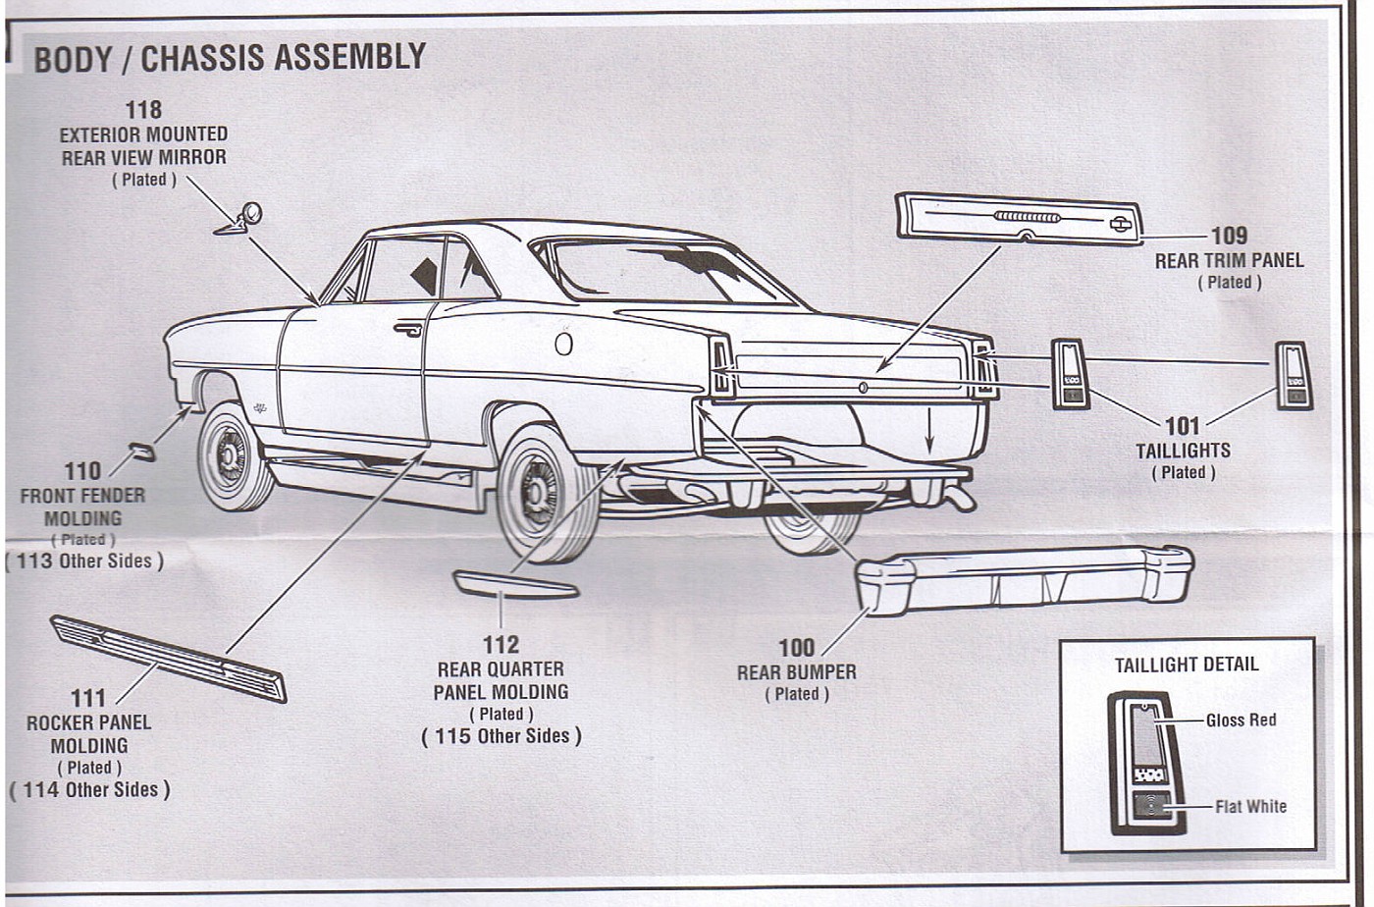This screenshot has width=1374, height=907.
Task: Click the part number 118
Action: pyautogui.click(x=143, y=110)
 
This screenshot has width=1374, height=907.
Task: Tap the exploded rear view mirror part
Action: pyautogui.click(x=240, y=220)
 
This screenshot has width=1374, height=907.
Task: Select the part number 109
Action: pyautogui.click(x=1229, y=236)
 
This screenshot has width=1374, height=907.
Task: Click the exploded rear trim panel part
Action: pyautogui.click(x=1019, y=218)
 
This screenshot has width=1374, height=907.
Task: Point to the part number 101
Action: pyautogui.click(x=1183, y=426)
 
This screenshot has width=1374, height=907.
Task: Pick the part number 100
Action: pyautogui.click(x=796, y=648)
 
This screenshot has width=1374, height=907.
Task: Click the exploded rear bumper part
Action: pyautogui.click(x=1024, y=578)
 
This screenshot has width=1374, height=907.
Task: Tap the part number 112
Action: pyautogui.click(x=501, y=645)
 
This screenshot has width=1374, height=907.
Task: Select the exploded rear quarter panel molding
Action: pyautogui.click(x=515, y=585)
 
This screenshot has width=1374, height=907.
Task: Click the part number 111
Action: pyautogui.click(x=87, y=698)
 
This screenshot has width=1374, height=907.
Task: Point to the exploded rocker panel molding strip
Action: pyautogui.click(x=168, y=658)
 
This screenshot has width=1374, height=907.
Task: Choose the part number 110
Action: pyautogui.click(x=82, y=472)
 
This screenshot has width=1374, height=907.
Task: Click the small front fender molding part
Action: pyautogui.click(x=142, y=451)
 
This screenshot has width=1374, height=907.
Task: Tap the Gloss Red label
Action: pyautogui.click(x=1241, y=720)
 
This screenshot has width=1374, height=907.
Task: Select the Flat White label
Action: pyautogui.click(x=1250, y=807)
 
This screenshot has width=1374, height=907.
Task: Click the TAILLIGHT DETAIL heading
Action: pyautogui.click(x=1186, y=665)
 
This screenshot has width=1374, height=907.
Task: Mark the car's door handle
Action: pyautogui.click(x=407, y=330)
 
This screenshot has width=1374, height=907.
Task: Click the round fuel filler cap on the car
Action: pyautogui.click(x=563, y=344)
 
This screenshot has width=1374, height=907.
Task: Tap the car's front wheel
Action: pyautogui.click(x=234, y=456)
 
